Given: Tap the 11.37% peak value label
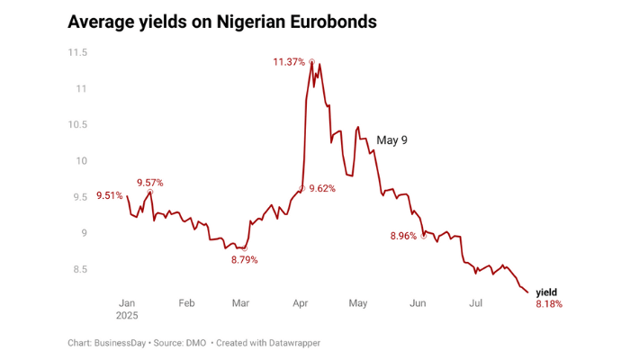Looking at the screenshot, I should tap(290, 62).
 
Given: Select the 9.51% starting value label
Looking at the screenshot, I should tap(109, 196).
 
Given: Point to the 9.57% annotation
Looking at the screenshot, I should tap(149, 182).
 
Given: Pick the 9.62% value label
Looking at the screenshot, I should tap(322, 189).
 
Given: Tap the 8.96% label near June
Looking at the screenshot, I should tap(403, 236).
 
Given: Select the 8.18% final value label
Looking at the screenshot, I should tap(549, 304).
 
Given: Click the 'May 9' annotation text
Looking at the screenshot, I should tap(391, 140).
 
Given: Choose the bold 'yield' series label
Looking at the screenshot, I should tap(546, 292).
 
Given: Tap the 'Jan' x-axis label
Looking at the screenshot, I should tap(127, 303).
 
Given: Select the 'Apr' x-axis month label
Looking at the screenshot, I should tap(301, 303).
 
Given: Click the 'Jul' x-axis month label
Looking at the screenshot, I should tap(476, 303).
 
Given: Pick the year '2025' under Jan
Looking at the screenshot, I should tap(127, 316).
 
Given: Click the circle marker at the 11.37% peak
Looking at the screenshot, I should tap(311, 62).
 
